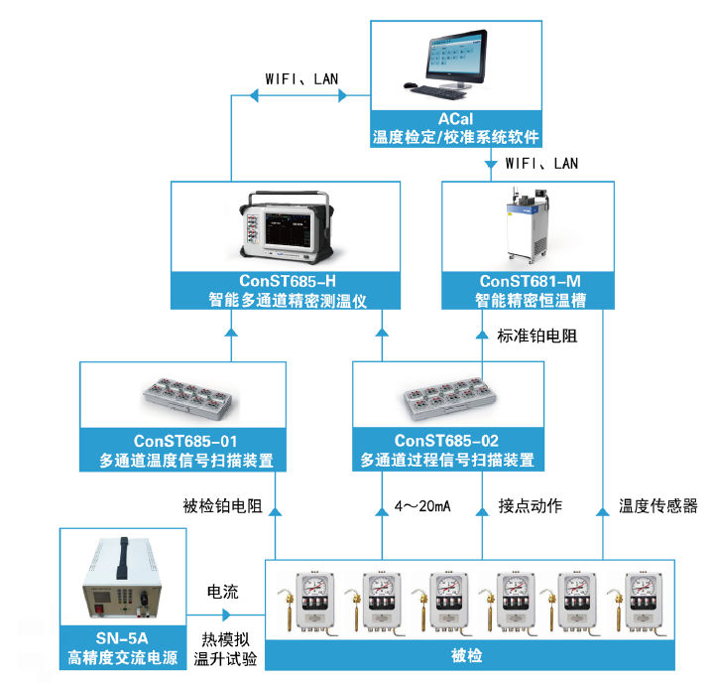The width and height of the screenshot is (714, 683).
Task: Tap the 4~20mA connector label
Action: coord(422,506)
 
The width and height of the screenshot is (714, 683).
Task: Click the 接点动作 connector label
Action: coord(530,506)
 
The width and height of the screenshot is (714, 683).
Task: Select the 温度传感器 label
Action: coord(658,506)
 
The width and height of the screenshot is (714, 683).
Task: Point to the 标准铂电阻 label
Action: coord(536,336)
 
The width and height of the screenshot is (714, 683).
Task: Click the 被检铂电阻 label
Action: coord(223,506)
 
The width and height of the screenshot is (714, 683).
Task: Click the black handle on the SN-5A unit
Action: coord(125,554)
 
